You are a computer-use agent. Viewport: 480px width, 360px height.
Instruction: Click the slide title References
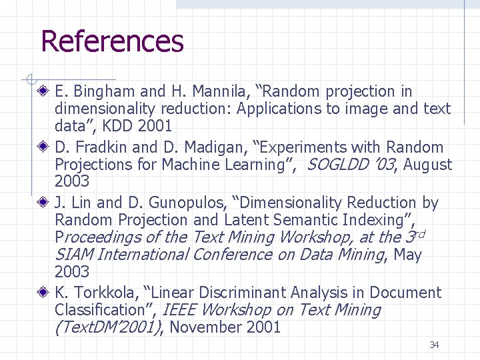pyautogui.click(x=112, y=41)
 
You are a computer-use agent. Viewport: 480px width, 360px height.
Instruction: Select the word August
pyautogui.click(x=427, y=165)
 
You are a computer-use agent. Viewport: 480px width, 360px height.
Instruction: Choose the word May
pyautogui.click(x=408, y=255)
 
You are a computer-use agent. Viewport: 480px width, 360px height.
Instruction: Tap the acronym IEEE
pyautogui.click(x=179, y=310)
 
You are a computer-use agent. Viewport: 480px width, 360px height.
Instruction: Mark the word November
pyautogui.click(x=205, y=327)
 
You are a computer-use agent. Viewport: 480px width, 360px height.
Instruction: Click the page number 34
pyautogui.click(x=434, y=345)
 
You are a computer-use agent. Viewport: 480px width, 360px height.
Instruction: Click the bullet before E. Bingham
pyautogui.click(x=43, y=91)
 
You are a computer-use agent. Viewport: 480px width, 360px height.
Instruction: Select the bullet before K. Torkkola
pyautogui.click(x=43, y=293)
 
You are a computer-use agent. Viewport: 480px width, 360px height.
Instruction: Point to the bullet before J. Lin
pyautogui.click(x=43, y=203)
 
